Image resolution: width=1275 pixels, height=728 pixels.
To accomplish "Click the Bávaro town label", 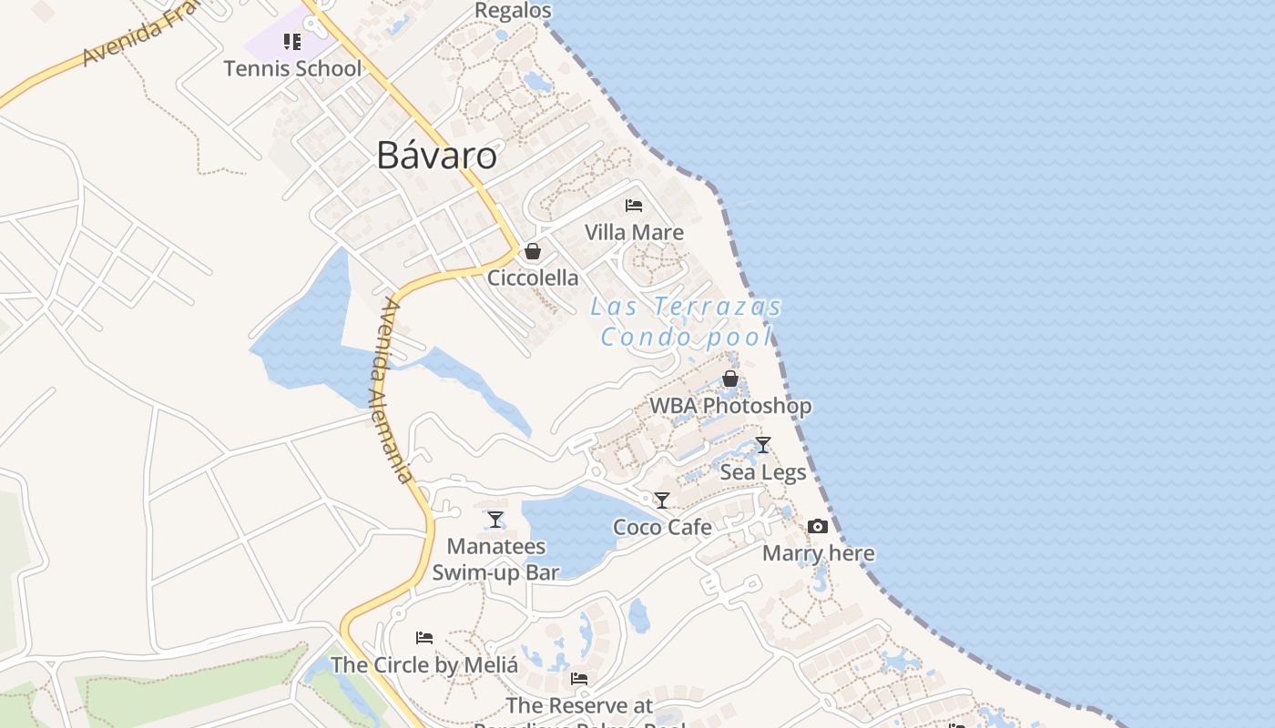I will click(x=437, y=156).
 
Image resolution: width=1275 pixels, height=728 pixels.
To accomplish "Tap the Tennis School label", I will click(x=292, y=68).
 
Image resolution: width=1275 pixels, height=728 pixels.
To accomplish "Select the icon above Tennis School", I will click(x=292, y=42).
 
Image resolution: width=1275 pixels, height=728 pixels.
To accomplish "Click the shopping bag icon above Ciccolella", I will click(x=533, y=251).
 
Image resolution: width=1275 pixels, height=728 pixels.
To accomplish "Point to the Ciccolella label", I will click(x=533, y=278).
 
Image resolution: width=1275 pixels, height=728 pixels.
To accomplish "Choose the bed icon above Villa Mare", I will click(x=634, y=206).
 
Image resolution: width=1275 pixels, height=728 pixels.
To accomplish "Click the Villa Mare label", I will click(x=634, y=232).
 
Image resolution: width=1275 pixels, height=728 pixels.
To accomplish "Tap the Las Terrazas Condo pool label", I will click(x=686, y=321).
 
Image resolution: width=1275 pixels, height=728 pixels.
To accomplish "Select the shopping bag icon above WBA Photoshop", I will click(x=730, y=379).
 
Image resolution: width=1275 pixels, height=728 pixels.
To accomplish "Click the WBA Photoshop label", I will click(x=730, y=405).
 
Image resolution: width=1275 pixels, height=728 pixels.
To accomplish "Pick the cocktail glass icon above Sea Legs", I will click(x=763, y=445).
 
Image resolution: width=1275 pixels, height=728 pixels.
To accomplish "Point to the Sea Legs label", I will click(x=763, y=472).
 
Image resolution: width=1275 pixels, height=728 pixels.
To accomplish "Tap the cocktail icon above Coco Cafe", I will click(x=662, y=500).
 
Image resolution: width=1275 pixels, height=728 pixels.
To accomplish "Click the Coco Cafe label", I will click(x=662, y=527).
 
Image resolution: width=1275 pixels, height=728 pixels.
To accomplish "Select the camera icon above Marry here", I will click(x=818, y=526).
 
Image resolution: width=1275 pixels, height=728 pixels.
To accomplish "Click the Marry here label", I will click(x=818, y=553).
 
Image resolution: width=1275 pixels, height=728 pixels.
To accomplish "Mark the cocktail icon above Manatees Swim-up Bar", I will click(x=495, y=520).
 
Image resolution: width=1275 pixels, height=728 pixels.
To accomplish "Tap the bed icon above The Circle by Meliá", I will click(x=424, y=638).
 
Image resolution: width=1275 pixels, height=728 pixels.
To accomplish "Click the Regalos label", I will click(x=514, y=10).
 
